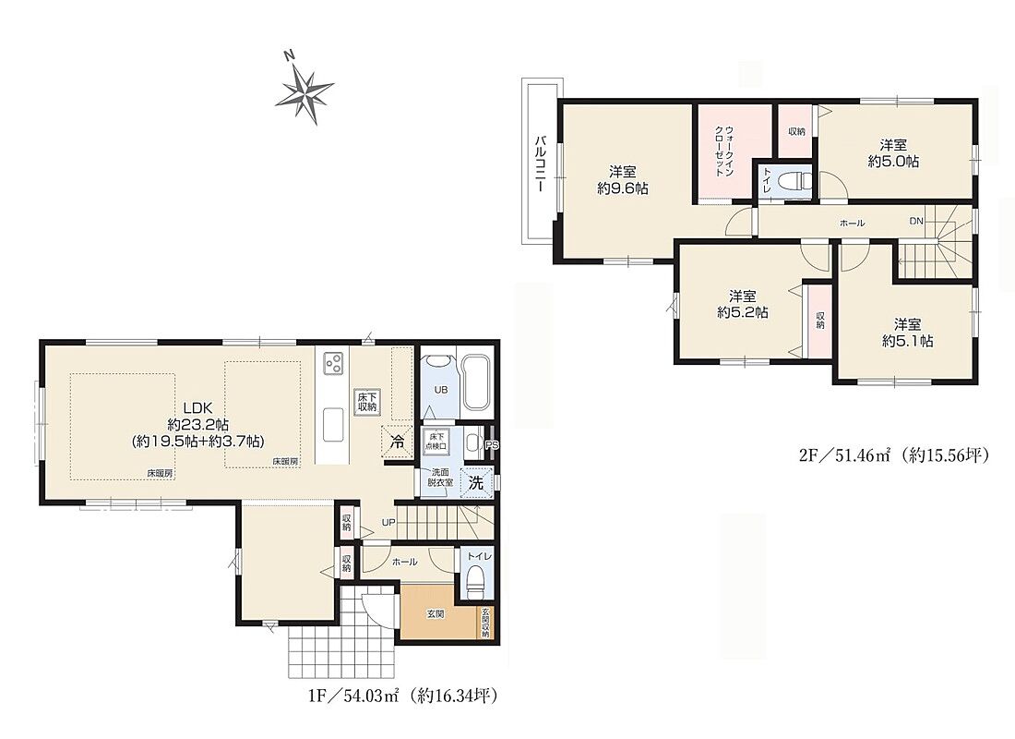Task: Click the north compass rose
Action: pos(304,90)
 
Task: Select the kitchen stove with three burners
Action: pos(333,363)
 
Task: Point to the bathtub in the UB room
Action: pos(479,382)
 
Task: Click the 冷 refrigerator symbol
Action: pos(398,443)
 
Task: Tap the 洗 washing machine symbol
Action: pos(476,482)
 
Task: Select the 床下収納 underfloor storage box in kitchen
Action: pos(367,402)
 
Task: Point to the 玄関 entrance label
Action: pos(435,614)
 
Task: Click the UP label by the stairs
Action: pos(388,523)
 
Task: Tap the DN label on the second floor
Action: pos(916,221)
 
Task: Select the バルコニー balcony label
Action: pos(539,163)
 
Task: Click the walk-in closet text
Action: pos(724,151)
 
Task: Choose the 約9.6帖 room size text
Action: pos(623,188)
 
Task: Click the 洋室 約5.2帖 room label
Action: pos(743,304)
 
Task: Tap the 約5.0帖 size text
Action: pos(893,161)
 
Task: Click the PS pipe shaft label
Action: pos(492,445)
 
